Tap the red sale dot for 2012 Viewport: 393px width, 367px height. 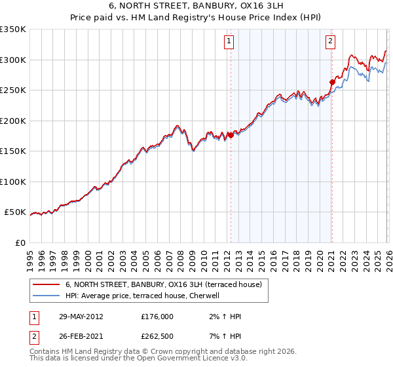[231, 136]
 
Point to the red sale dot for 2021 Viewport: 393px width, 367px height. [331, 83]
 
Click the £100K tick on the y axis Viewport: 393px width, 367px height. [13, 182]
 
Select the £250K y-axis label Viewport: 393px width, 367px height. [13, 90]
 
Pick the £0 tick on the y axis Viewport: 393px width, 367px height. [20, 242]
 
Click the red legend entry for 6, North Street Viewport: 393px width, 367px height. [164, 284]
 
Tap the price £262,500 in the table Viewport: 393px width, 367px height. [157, 337]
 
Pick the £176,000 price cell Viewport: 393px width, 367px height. [157, 317]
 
